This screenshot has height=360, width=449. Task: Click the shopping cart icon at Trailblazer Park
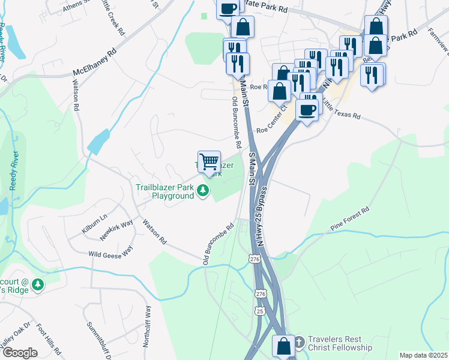[209, 161]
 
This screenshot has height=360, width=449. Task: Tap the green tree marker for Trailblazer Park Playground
[204, 191]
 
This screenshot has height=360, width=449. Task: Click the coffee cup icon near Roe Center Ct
[307, 110]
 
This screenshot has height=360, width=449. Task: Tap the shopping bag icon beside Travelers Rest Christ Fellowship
[283, 347]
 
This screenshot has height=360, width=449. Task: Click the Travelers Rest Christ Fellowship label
[340, 343]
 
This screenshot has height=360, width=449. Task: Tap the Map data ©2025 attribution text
[423, 355]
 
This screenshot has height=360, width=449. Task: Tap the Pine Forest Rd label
[349, 220]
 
